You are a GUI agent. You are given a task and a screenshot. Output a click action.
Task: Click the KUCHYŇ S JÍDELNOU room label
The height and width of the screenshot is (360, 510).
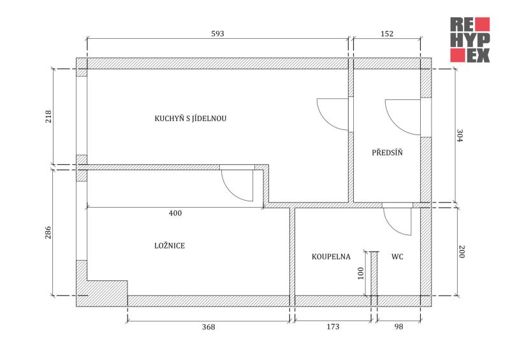(191, 118)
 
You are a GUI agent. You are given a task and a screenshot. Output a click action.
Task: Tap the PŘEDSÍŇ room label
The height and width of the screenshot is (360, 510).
(387, 152)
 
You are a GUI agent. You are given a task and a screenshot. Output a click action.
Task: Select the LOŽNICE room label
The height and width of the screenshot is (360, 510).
(170, 245)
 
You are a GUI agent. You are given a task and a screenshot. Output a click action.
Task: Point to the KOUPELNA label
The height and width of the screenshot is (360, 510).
(331, 257)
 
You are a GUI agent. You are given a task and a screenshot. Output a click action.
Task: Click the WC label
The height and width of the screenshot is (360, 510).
(397, 257)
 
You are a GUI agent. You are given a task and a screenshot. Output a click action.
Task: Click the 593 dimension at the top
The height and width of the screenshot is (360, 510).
(217, 34)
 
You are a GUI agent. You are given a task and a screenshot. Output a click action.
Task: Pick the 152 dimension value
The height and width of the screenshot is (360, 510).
(387, 34)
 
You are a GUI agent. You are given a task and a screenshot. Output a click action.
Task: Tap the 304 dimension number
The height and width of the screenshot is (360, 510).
(460, 136)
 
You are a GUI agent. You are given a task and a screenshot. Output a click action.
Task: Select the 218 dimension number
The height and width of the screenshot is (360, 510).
(48, 117)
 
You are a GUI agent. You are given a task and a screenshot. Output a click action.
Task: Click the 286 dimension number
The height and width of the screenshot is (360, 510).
(48, 233)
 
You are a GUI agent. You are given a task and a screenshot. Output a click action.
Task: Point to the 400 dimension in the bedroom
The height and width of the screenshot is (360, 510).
(175, 213)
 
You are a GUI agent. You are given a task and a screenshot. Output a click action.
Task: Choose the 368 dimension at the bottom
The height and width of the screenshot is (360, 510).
(208, 326)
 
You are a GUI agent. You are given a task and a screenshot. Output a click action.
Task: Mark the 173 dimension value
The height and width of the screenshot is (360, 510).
(333, 326)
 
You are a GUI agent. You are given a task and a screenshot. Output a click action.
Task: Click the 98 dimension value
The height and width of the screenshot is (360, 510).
(399, 326)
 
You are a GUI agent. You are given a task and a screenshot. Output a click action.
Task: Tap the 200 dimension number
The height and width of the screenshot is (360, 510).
(461, 251)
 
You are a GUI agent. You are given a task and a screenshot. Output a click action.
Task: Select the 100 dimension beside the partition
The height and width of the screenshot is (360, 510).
(360, 273)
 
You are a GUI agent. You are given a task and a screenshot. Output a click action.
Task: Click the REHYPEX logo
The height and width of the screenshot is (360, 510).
(470, 40)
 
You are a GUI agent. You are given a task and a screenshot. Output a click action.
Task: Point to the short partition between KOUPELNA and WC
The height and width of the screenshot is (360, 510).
(374, 273)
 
